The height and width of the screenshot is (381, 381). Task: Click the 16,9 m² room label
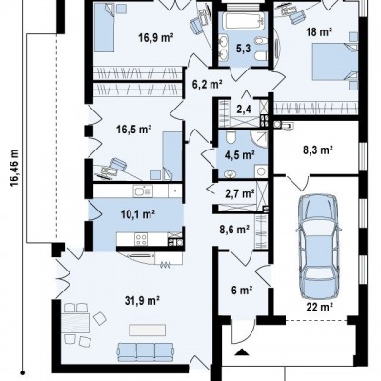155,38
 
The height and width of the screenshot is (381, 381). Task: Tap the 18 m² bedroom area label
319,31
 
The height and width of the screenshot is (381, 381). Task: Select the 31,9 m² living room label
142,300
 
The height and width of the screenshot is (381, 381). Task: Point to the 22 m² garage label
319,307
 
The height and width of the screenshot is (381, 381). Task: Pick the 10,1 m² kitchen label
137,214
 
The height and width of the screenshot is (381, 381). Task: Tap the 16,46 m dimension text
14,174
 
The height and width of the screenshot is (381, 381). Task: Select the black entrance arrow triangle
242,351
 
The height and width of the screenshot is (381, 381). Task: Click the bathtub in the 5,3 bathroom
244,21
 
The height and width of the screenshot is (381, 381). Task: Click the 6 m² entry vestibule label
242,290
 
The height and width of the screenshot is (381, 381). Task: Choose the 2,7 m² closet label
239,192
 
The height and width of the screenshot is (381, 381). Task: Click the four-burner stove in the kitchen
141,239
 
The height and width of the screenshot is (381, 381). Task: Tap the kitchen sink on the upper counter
143,190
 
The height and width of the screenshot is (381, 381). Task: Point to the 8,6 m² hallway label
234,229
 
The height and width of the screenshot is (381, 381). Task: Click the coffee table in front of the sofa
148,330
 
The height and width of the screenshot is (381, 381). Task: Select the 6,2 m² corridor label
207,84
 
